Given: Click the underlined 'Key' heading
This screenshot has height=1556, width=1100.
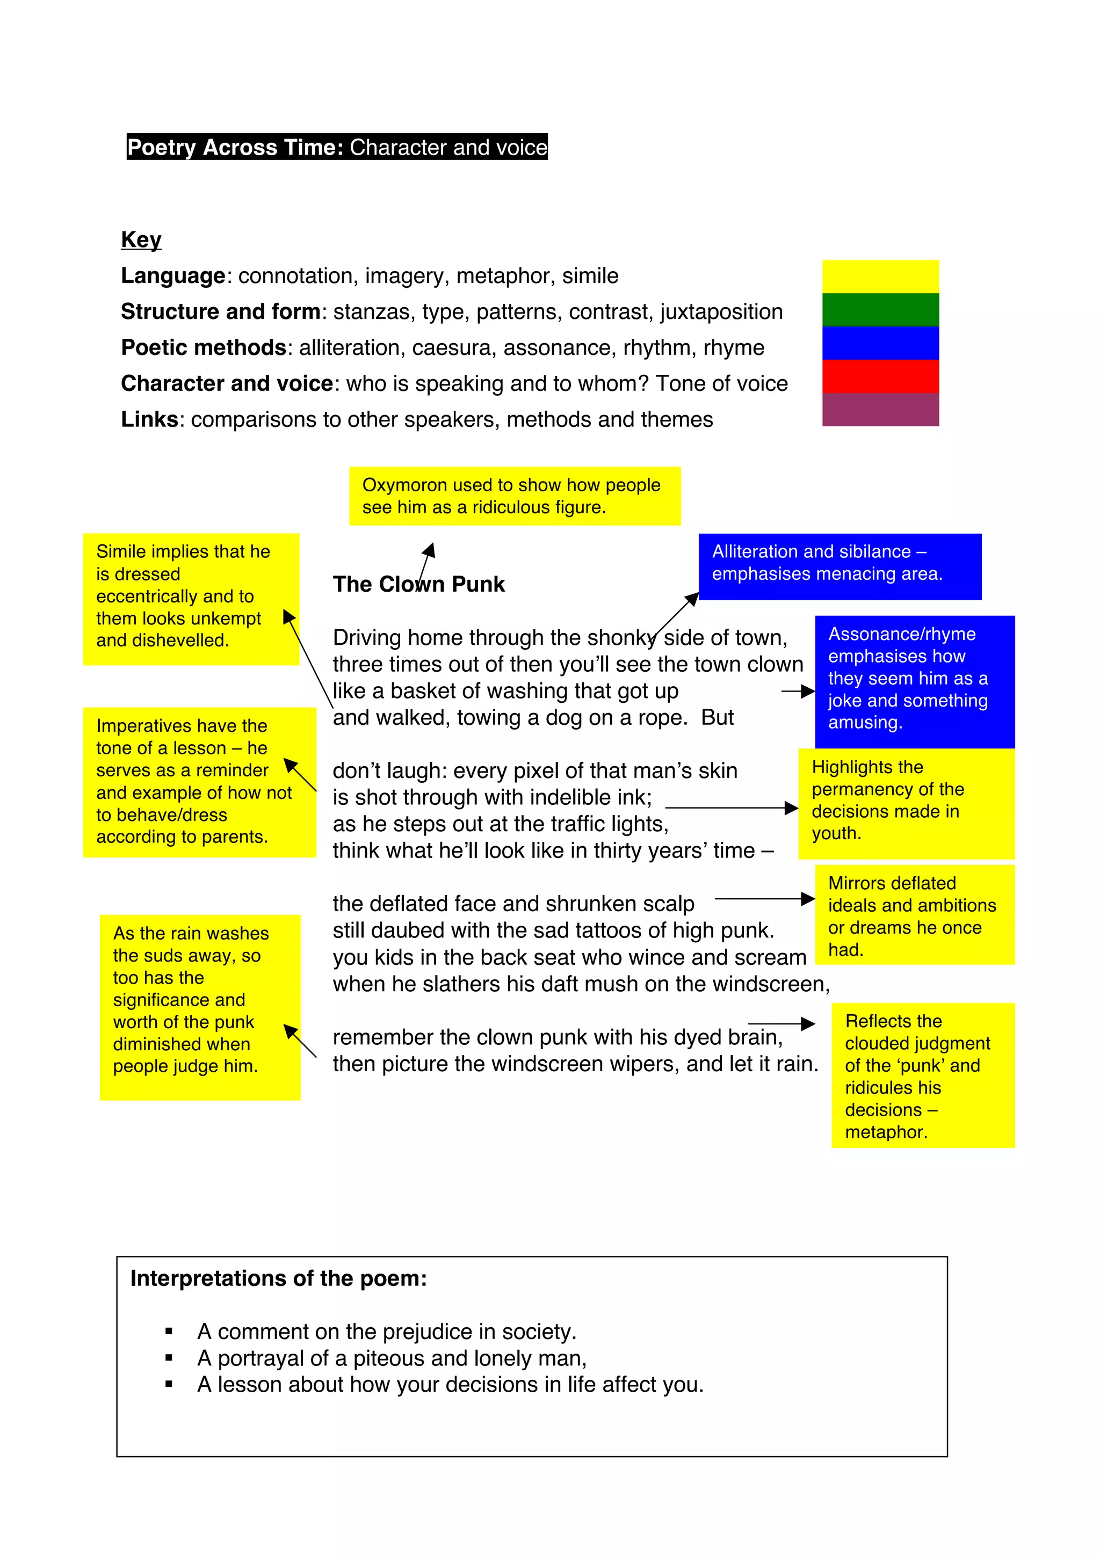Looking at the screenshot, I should coord(141,240).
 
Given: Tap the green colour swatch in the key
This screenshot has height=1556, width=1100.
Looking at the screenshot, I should coord(880,310).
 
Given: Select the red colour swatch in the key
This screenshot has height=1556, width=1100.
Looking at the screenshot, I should coord(880,376).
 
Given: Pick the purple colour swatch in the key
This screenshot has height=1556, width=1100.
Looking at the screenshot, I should coord(880,409).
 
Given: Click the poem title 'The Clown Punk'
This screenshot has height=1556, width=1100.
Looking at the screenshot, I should coord(418,584).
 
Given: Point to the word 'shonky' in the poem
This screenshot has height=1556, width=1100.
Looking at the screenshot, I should coord(623,638).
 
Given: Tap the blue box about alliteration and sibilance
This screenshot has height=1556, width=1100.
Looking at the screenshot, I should coord(839,566).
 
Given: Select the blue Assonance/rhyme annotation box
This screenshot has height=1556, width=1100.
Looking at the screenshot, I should coord(914,681).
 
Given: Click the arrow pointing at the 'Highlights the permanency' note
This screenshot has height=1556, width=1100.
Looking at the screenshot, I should coord(730,808).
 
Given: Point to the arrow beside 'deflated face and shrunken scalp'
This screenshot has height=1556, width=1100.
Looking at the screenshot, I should coord(764,899).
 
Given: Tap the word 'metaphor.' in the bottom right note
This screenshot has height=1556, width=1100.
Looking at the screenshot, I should coord(885,1132).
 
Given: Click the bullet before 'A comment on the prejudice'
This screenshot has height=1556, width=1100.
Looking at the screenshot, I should coord(169,1332).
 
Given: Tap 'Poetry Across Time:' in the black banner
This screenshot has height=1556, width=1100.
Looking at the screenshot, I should coord(235,147).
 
